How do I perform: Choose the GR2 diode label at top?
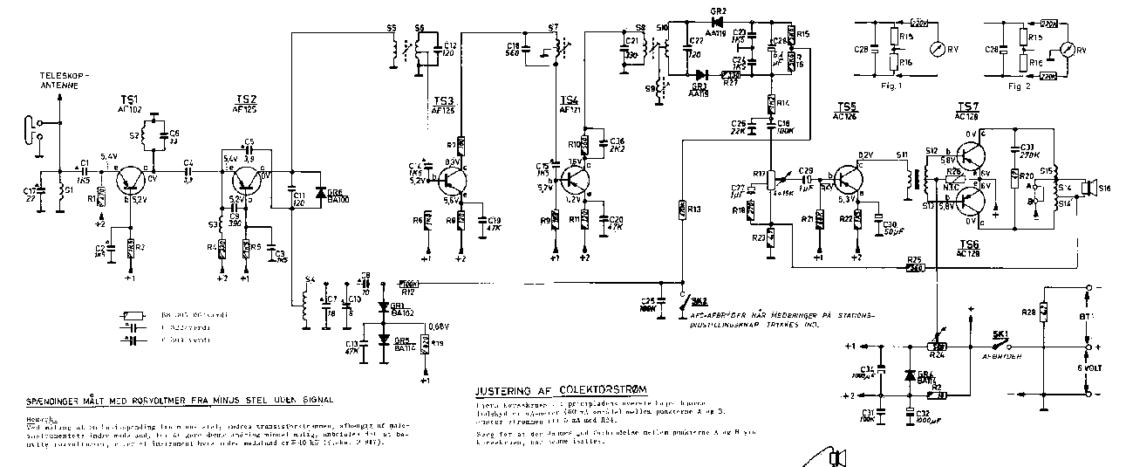pyautogui.click(x=719, y=10)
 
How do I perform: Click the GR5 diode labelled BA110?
pyautogui.click(x=383, y=341)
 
